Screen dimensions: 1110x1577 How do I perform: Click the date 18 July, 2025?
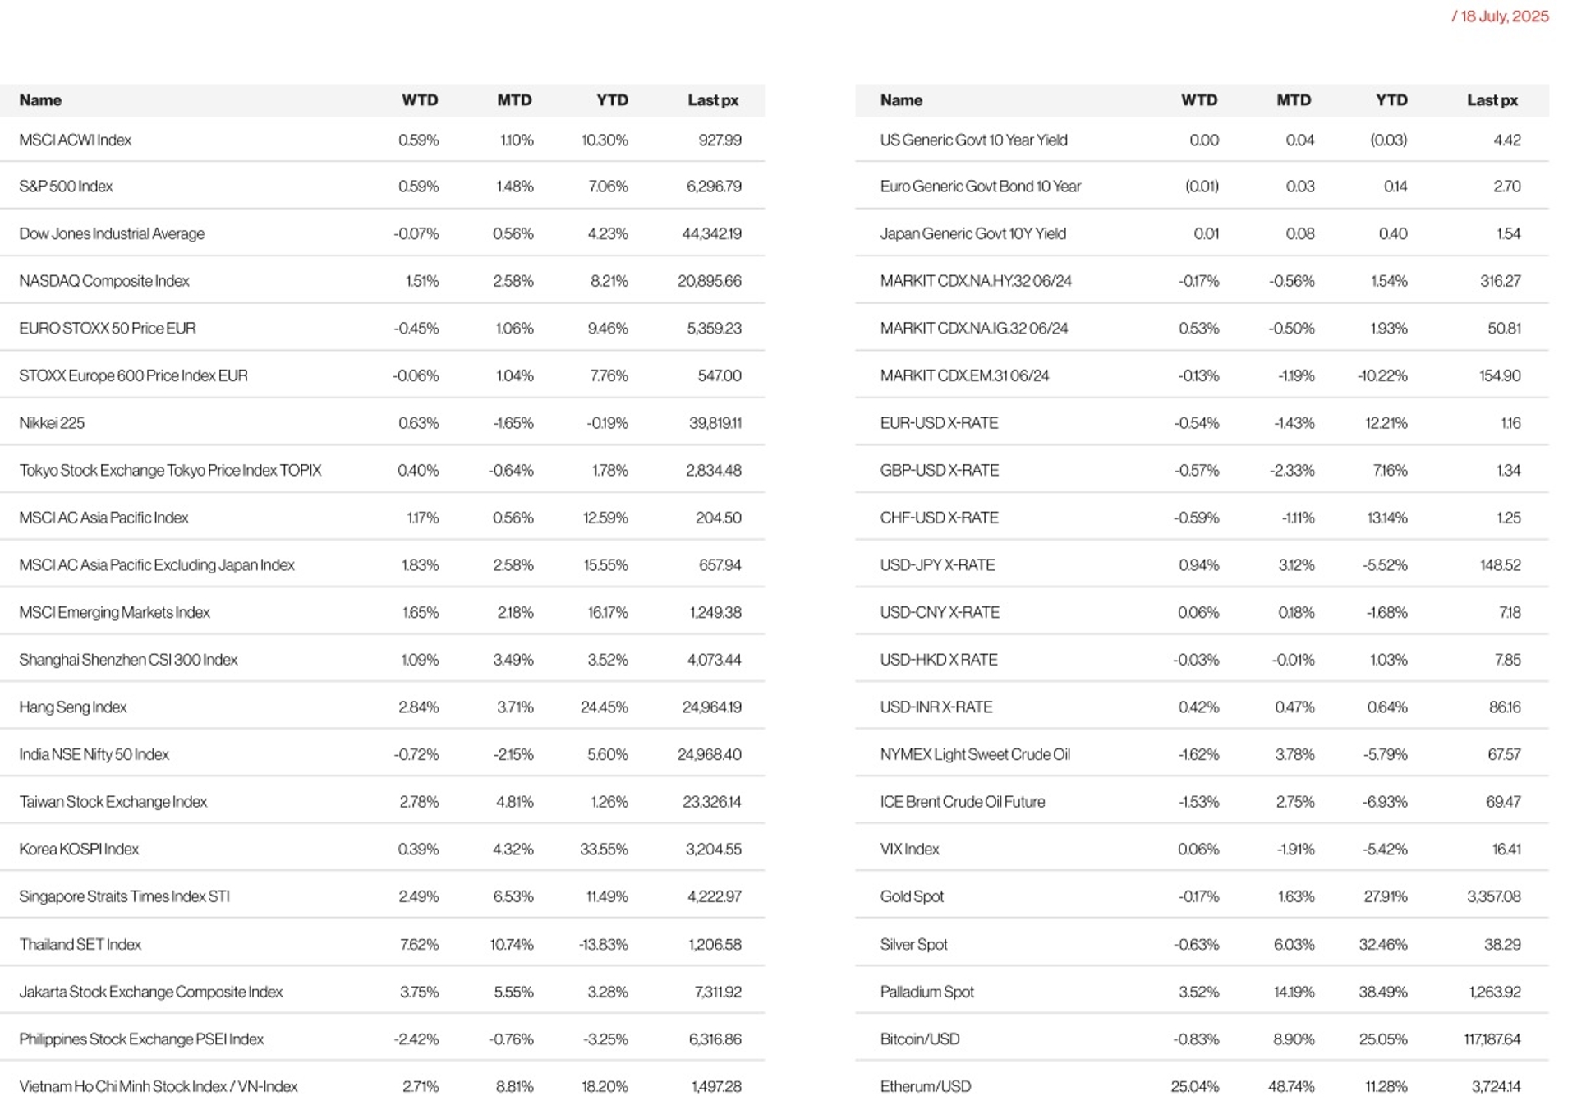pos(1504,16)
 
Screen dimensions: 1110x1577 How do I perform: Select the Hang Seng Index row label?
pos(73,707)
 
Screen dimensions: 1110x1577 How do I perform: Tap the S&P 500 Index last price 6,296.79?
pos(713,187)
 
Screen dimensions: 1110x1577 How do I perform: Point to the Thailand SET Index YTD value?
pos(603,944)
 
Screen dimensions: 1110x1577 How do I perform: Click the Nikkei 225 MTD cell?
pos(513,423)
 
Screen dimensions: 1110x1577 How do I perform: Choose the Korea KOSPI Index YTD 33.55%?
pos(604,849)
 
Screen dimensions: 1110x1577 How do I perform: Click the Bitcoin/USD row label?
pos(919,1039)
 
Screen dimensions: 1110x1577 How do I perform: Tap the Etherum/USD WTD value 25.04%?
pos(1194,1086)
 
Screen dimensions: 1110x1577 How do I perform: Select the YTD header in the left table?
pos(612,100)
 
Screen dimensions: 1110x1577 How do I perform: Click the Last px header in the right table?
pos(1492,100)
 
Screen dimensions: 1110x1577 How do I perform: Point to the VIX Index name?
pos(909,849)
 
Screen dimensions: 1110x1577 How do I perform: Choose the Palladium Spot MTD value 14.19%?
pos(1293,992)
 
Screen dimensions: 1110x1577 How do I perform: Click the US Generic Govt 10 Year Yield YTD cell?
pos(1388,140)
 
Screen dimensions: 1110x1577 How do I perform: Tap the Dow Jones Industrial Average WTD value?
pos(416,233)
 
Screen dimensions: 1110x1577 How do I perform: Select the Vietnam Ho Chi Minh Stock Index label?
pos(159,1086)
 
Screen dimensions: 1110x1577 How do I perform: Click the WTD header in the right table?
pos(1198,100)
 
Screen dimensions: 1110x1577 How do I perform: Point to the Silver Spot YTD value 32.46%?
pos(1382,944)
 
